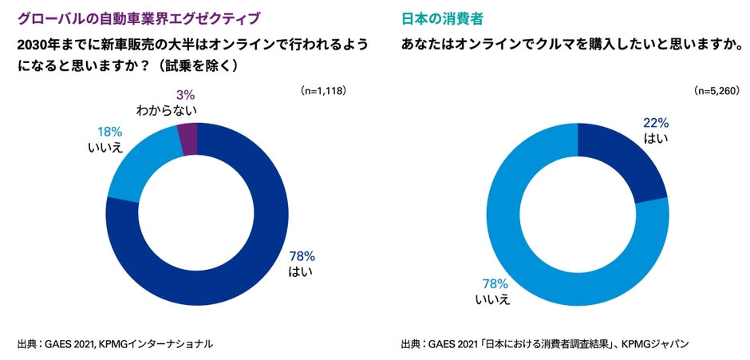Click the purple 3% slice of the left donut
point(187,140)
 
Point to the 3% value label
point(184,96)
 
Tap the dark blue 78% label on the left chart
point(302,256)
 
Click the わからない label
point(166,111)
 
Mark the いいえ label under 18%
point(105,147)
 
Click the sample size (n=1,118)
point(323,91)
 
